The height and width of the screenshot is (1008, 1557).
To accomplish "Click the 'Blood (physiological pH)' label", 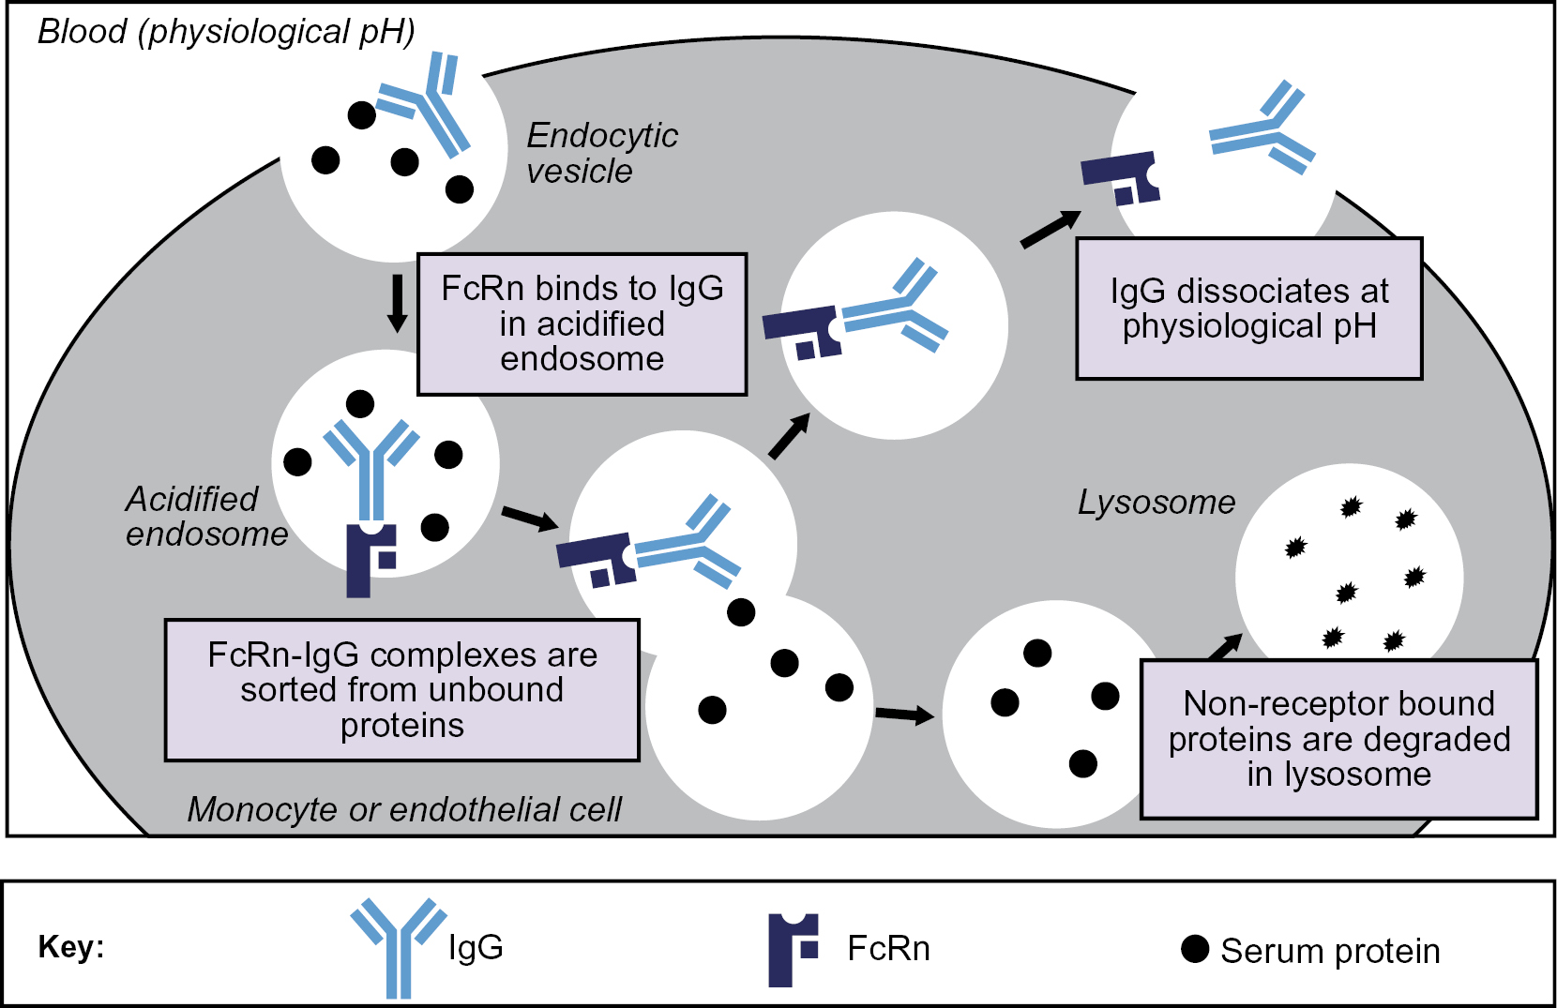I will point(226,32).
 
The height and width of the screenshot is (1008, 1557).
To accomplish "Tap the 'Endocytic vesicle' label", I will point(601,153).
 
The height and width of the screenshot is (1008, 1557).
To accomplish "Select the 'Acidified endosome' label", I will point(206,517).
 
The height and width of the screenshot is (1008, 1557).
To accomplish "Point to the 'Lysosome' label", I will point(1156,503).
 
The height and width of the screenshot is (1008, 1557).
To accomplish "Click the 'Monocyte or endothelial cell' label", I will point(404,809).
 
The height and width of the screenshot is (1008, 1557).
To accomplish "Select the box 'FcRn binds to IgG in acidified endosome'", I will point(582,323).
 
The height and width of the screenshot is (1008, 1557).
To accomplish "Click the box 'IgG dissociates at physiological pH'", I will point(1248,308).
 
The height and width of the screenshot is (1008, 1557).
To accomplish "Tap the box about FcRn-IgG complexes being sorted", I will point(401,690).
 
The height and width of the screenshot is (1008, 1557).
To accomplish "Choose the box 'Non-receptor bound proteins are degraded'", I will point(1338,739).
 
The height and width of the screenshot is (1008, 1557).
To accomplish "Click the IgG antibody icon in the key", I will point(399,945).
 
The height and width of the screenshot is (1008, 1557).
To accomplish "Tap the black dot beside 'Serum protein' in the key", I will point(1195,949).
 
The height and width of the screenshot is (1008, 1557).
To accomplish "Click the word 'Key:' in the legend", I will point(71,947).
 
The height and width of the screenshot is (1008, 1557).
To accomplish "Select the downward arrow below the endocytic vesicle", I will point(397,303).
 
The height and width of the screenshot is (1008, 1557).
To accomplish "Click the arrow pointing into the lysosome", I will point(1225,647).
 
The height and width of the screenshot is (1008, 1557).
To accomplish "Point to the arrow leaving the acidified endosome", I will point(530,518).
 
